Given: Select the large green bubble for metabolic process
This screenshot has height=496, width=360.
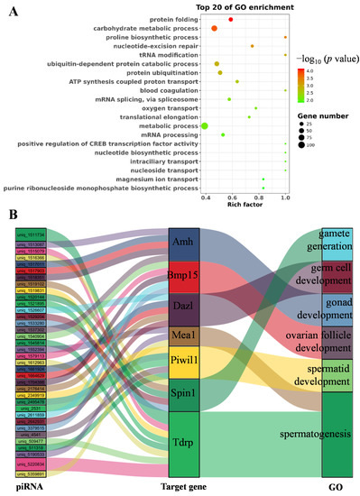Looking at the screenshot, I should [206, 125].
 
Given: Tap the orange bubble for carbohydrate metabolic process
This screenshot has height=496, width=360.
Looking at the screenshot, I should [214, 29].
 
